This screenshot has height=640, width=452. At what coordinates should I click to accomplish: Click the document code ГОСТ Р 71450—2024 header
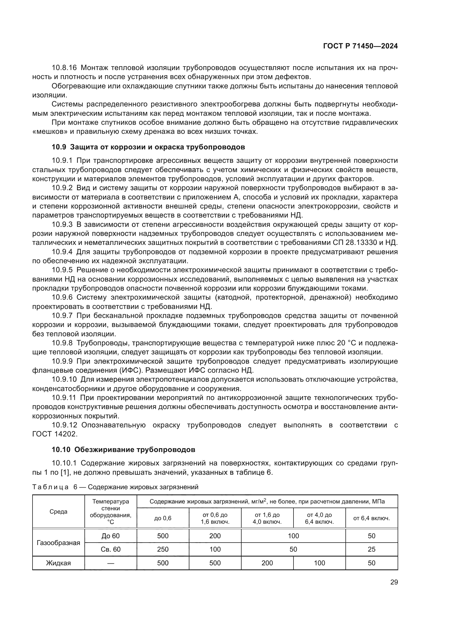[360, 46]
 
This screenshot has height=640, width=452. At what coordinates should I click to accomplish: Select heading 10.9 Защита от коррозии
[148, 147]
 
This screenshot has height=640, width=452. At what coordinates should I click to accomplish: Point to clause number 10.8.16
[66, 68]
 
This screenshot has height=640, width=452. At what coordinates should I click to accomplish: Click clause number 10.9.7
[62, 316]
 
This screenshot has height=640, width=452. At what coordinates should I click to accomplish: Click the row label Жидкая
[58, 563]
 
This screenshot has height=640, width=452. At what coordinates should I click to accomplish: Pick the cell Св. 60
[110, 549]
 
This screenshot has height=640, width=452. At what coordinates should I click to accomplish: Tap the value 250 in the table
[163, 549]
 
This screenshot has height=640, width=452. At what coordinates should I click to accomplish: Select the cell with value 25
[371, 549]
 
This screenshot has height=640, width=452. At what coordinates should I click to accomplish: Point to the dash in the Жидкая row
[110, 563]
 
